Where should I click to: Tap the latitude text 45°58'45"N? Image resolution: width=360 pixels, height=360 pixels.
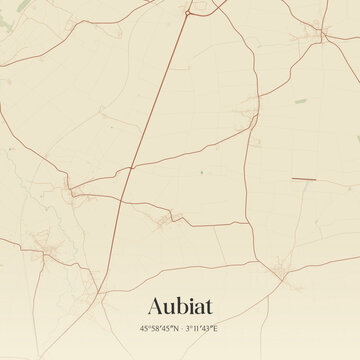(160, 328)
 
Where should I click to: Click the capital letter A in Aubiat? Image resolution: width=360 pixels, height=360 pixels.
(156, 305)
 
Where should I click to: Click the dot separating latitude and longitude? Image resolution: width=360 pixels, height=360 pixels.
(182, 328)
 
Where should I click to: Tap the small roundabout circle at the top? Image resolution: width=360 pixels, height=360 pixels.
(186, 13)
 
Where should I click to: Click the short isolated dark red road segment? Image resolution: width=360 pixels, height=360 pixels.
(303, 179)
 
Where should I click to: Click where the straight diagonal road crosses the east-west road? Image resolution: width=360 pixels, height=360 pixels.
(130, 167)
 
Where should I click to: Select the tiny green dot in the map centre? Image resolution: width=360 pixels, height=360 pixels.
(201, 173)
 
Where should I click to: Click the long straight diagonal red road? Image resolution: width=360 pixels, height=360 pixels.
(155, 100)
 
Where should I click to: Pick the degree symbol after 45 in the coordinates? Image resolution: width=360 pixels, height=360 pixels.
(147, 326)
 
